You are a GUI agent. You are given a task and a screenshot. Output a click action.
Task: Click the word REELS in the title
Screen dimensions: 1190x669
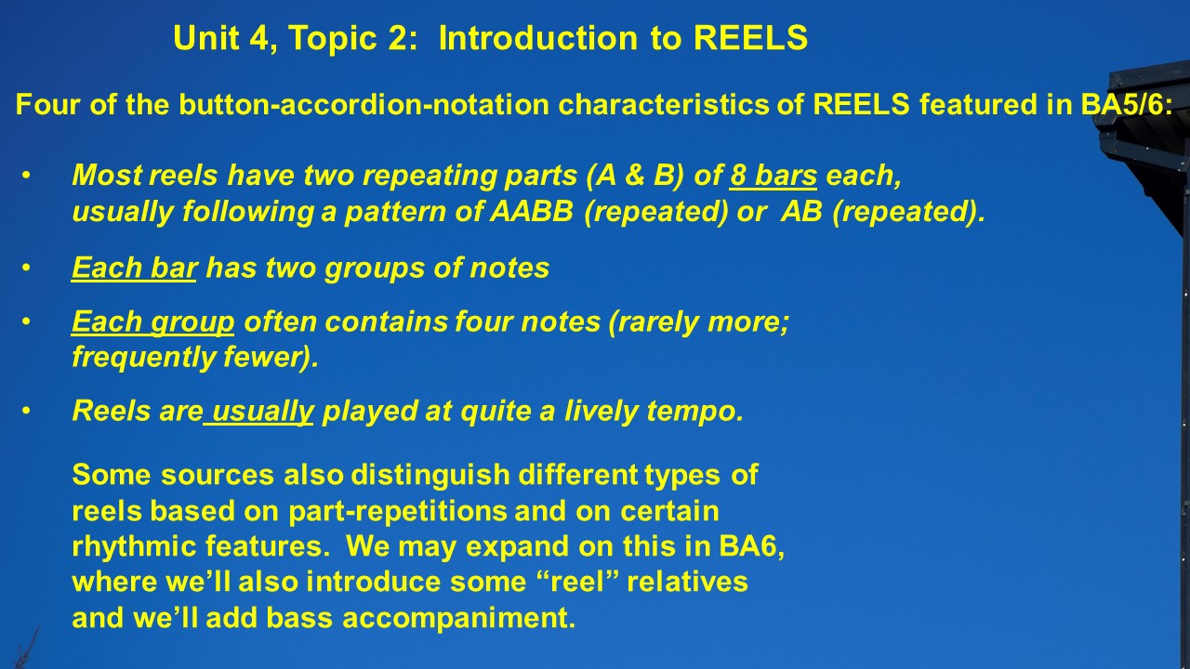coord(750,38)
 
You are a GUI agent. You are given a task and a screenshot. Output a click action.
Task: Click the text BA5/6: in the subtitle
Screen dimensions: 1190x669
coord(1127,104)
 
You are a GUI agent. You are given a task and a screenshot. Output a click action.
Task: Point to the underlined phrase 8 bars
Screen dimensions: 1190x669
coord(773,175)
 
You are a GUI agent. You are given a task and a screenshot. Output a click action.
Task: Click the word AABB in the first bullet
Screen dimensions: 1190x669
coord(532,211)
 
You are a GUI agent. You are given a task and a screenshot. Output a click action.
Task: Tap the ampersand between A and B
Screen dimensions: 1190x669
coord(634,175)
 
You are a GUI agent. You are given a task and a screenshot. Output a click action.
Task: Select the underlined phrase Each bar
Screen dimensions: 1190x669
coord(135,267)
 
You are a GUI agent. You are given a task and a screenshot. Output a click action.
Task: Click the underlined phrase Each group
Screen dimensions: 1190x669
coord(153,321)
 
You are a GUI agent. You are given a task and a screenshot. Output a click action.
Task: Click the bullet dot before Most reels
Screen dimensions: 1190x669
coord(26,176)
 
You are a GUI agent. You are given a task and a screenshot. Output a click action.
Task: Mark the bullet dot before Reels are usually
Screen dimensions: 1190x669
coord(26,412)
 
